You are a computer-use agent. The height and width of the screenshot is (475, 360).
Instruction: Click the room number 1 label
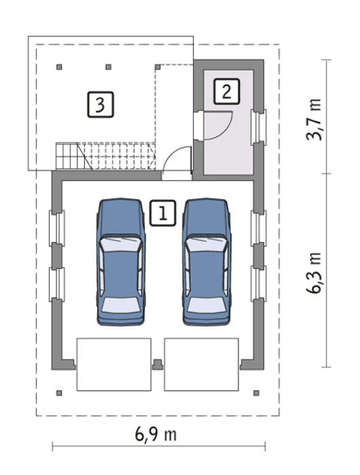[x=162, y=213]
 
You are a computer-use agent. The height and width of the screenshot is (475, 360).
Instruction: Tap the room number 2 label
[x=227, y=92]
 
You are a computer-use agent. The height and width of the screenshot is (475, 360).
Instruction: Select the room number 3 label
[x=101, y=104]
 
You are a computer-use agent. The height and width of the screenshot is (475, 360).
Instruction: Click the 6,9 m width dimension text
[x=156, y=435]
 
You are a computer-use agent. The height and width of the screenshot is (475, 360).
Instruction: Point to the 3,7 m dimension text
[x=314, y=119]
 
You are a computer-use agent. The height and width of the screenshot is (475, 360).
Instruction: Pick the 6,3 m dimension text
[x=314, y=273]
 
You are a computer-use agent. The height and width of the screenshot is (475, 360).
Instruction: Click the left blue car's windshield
[x=121, y=244]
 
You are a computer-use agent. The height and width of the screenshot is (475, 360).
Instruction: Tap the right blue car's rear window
[x=206, y=305]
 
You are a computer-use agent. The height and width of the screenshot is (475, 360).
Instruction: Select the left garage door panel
[x=113, y=364]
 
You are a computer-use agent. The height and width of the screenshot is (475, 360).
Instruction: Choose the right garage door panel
[x=201, y=364]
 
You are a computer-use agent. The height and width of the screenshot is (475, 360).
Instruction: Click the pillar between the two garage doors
[x=158, y=364]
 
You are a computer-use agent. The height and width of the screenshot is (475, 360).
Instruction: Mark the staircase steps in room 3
[x=105, y=156]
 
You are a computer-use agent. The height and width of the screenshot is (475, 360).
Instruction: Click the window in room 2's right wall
[x=258, y=128]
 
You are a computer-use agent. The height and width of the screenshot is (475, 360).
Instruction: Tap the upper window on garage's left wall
[x=56, y=228]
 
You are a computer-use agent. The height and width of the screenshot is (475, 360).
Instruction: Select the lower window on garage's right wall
[x=258, y=284]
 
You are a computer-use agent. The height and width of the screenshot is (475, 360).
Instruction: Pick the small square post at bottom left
[x=59, y=393]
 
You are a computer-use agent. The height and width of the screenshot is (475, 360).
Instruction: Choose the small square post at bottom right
[x=256, y=393]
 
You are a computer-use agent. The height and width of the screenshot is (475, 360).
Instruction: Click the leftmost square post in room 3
[x=59, y=67]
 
